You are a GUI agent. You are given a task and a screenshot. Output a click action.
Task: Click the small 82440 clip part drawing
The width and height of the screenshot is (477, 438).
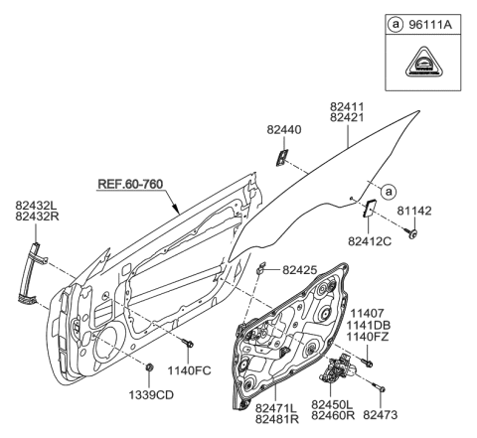(x=282, y=156)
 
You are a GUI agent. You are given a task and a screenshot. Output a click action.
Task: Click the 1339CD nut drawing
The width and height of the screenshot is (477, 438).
(x=148, y=368)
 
